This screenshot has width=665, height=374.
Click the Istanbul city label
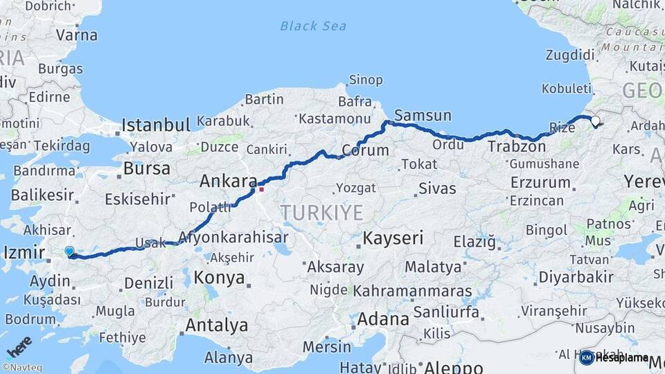155,125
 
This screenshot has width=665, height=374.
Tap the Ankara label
228,181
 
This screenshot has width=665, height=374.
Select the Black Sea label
312,26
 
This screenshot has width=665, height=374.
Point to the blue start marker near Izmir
69,252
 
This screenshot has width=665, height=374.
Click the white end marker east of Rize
596,121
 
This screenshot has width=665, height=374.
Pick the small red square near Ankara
261,189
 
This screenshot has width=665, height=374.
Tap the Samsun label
423,115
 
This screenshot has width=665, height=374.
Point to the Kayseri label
393,239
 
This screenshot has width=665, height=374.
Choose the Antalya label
216,325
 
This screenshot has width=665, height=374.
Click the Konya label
220,278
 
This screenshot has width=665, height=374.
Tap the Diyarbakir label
576,277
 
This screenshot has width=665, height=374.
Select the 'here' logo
19,346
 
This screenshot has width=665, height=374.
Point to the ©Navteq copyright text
21,368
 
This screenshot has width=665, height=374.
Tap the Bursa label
146,169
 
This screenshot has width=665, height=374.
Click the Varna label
76,34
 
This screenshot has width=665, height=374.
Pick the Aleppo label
453,367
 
